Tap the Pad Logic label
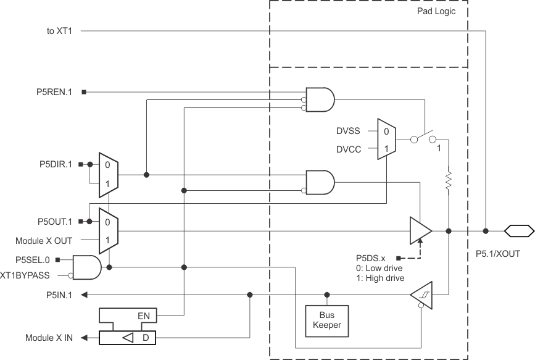pos(436,11)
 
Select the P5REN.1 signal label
pos(54,92)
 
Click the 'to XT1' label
pos(59,30)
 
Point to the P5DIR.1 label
pos(54,164)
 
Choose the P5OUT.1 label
pos(54,221)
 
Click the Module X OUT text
pos(44,240)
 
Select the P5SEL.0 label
pos(37,260)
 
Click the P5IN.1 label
pos(59,295)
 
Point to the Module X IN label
pos(49,338)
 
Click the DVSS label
pos(347,131)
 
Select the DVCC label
pos(347,149)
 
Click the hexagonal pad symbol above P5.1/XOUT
pos(518,231)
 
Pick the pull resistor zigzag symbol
pos(449,180)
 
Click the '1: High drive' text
pos(380,278)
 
